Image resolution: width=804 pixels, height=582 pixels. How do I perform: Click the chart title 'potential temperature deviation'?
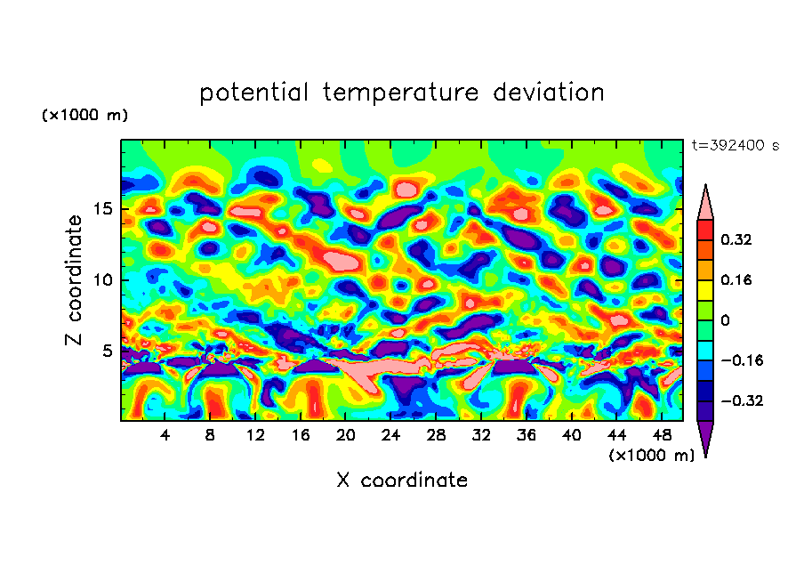(402, 93)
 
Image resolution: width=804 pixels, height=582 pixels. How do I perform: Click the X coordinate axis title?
(402, 481)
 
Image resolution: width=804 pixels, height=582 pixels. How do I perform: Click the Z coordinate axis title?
(75, 279)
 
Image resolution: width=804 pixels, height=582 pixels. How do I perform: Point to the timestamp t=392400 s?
(735, 145)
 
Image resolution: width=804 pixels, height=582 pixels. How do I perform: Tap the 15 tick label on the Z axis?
(100, 210)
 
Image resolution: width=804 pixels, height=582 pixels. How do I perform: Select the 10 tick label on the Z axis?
(100, 280)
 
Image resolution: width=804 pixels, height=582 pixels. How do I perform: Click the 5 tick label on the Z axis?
(105, 351)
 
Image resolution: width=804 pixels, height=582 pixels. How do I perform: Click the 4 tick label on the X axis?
(165, 436)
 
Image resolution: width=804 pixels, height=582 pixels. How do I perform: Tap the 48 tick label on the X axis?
(661, 436)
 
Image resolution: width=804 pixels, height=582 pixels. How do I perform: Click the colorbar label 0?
(725, 320)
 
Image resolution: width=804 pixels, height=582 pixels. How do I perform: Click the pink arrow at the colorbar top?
(705, 202)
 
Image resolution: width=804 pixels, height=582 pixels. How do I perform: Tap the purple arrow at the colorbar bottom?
(705, 438)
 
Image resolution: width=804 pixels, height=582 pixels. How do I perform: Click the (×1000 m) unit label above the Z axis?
(84, 116)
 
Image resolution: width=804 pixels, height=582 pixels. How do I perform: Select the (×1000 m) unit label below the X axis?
(652, 456)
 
